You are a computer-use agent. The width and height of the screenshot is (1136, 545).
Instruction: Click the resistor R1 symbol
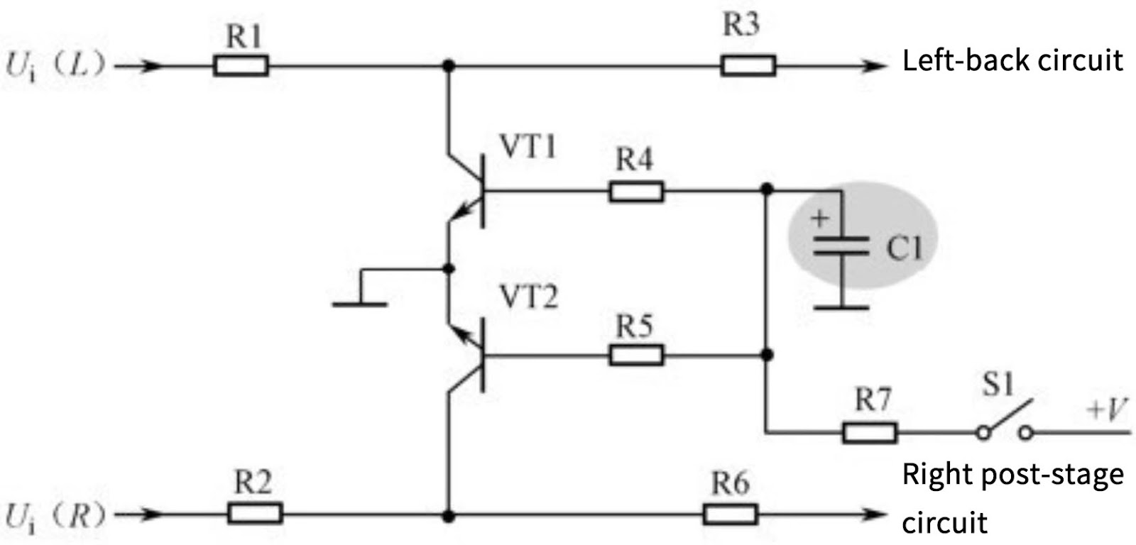click(241, 67)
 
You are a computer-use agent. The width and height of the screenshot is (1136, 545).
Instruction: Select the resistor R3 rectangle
click(748, 67)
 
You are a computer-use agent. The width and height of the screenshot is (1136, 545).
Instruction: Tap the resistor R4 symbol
click(636, 192)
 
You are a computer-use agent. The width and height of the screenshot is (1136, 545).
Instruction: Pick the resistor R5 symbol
click(637, 355)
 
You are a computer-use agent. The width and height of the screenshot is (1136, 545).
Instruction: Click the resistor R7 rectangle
click(870, 431)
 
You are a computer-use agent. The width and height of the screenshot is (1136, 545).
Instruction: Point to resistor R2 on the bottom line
click(255, 512)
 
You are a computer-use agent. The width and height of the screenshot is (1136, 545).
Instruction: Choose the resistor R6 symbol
click(731, 512)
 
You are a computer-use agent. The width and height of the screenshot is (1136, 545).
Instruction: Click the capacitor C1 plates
click(841, 246)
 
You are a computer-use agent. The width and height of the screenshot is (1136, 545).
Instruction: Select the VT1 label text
click(528, 147)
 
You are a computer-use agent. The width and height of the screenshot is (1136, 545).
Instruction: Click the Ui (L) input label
click(55, 67)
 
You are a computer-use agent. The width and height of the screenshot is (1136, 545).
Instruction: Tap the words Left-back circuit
click(1012, 61)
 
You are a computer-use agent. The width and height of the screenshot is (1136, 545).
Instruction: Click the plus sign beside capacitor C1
click(820, 218)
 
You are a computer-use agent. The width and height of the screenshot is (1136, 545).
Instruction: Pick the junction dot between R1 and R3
click(448, 67)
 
